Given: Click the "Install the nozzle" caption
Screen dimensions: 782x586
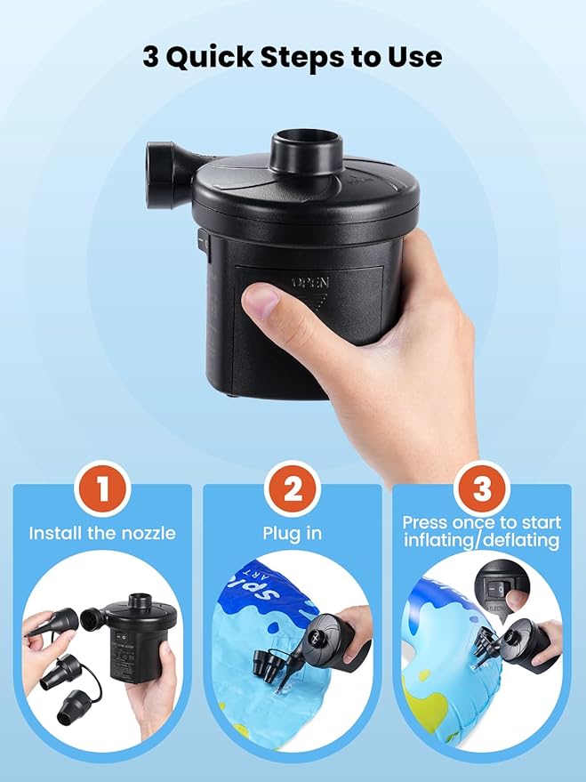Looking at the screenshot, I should [102, 534].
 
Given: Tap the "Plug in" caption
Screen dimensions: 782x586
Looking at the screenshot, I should [293, 534].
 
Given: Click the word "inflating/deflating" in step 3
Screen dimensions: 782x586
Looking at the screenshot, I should [481, 541].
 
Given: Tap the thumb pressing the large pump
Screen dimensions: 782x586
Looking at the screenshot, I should [266, 305].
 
